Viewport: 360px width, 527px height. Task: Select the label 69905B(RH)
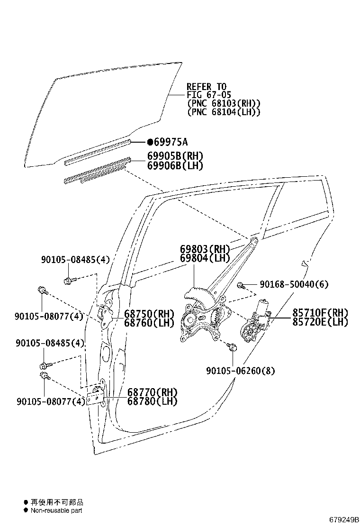point(175,156)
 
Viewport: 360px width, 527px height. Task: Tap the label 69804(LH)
point(205,258)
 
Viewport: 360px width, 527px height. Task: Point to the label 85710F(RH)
point(320,313)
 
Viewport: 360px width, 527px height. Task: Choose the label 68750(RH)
point(149,314)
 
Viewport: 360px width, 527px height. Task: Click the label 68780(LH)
point(152,401)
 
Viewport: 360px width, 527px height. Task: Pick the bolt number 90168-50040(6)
point(294,284)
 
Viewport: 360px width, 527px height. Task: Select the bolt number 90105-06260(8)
point(241,371)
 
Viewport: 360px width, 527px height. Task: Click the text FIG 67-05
point(209,95)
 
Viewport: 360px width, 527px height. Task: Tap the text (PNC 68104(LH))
point(224,112)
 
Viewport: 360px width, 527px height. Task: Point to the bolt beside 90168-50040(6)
point(241,286)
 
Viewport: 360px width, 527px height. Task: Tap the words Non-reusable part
point(56,510)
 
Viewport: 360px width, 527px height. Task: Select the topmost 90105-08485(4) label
point(76,260)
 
